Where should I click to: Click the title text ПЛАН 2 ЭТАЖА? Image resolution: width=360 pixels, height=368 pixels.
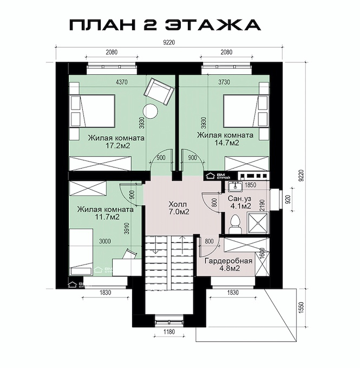(x=165, y=24)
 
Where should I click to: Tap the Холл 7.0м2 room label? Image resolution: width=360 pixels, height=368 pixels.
(x=179, y=208)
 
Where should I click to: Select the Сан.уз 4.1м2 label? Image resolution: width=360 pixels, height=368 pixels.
(x=239, y=202)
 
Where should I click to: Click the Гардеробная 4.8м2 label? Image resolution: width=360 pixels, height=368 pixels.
(x=228, y=264)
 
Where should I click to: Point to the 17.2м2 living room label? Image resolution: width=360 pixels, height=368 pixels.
(x=116, y=141)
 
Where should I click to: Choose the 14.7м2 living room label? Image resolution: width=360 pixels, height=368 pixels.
(x=225, y=139)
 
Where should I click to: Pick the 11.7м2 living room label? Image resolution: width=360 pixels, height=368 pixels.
(x=105, y=212)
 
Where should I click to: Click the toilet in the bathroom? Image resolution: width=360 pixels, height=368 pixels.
(x=235, y=224)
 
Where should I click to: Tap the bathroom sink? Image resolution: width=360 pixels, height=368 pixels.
(x=235, y=186)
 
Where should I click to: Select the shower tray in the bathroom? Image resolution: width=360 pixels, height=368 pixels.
(x=258, y=223)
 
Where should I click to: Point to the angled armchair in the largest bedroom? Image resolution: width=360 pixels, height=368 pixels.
(x=159, y=92)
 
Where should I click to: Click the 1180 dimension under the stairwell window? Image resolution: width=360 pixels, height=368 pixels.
(x=169, y=332)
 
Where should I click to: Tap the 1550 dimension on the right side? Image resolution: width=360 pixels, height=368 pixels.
(x=302, y=308)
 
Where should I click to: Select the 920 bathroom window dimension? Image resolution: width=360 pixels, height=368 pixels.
(x=289, y=199)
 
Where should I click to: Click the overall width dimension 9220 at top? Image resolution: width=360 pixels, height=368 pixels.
(x=169, y=42)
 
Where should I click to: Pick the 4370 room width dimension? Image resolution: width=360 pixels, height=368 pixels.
(x=122, y=82)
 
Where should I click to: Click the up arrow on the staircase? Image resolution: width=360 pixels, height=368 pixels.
(x=182, y=245)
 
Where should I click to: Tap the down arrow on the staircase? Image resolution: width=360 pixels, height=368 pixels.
(x=155, y=245)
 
